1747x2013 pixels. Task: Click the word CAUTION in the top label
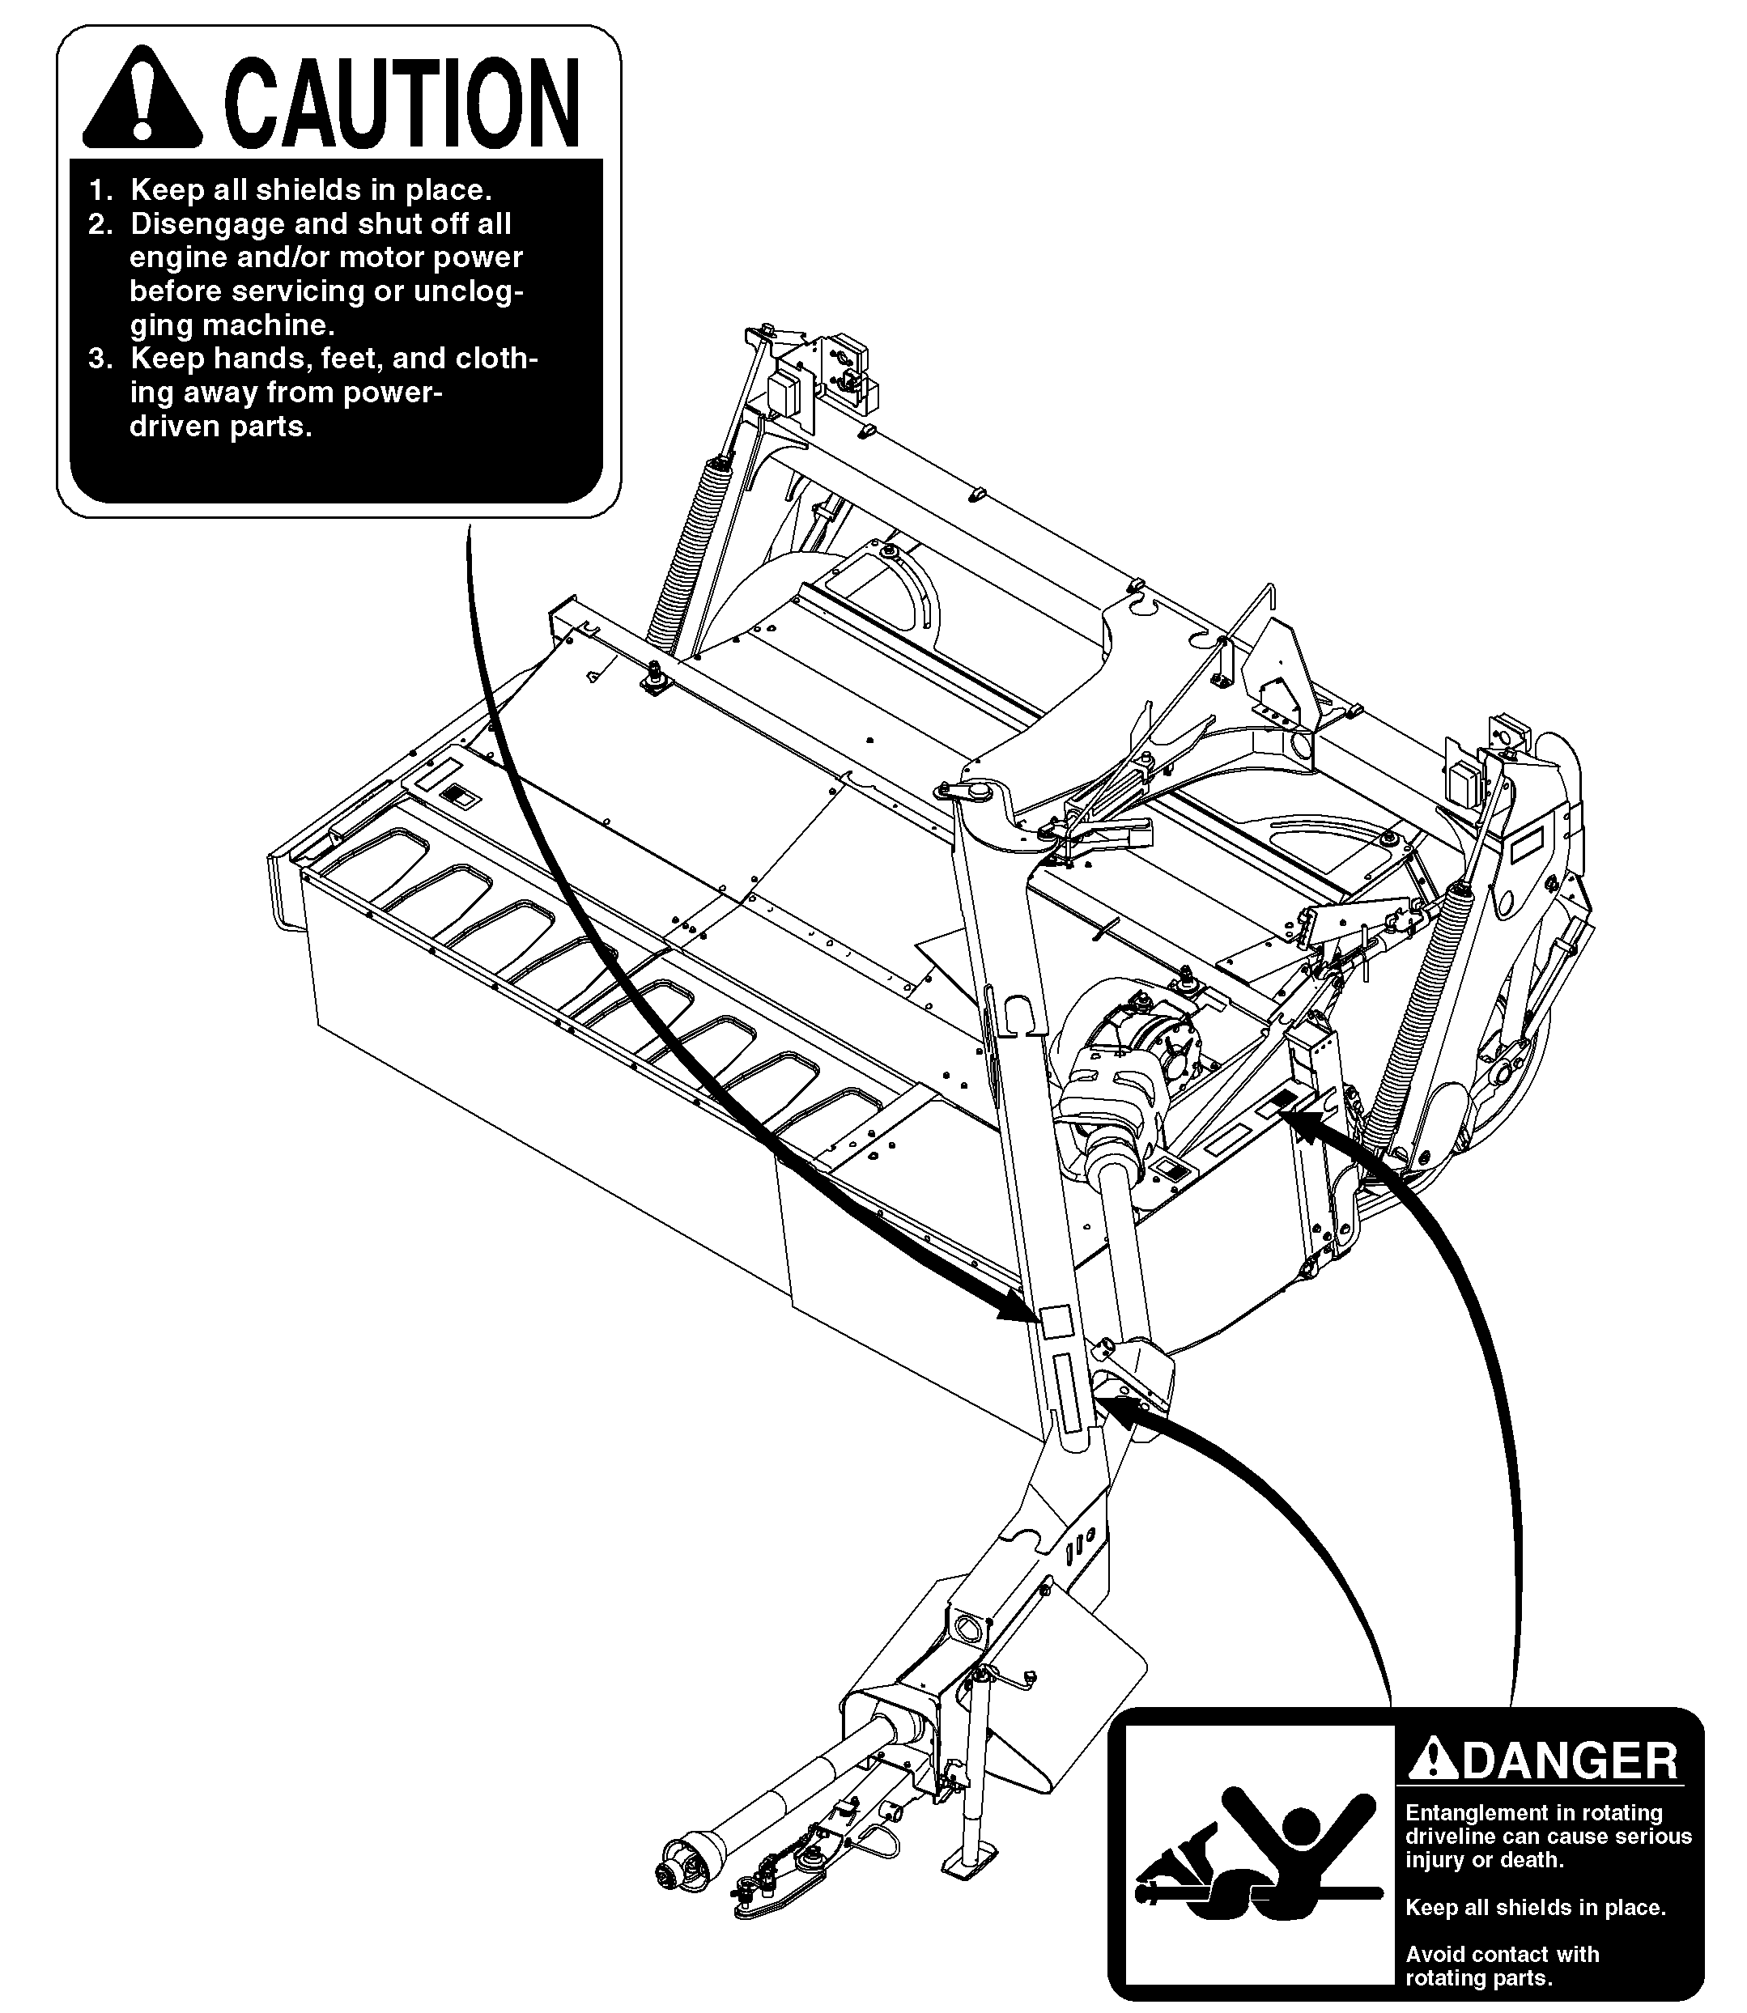pyautogui.click(x=402, y=101)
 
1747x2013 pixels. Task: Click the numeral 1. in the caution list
pyautogui.click(x=101, y=189)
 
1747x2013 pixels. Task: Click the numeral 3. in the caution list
pyautogui.click(x=101, y=359)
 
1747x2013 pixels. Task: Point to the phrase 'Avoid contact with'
pyautogui.click(x=1502, y=1955)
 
